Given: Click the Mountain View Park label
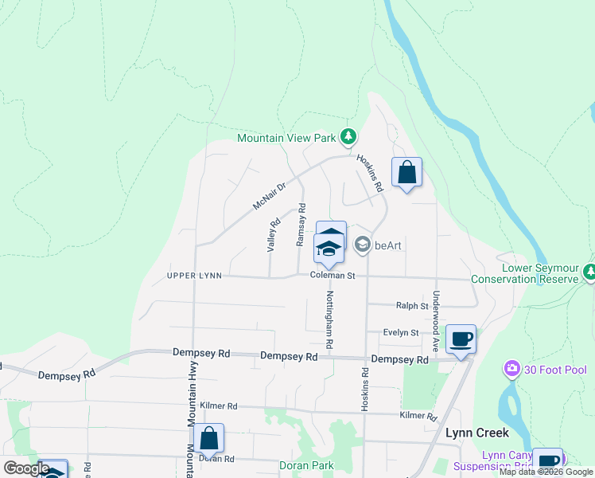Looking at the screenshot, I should tap(287, 138).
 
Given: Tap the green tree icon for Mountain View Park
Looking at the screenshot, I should tap(348, 137).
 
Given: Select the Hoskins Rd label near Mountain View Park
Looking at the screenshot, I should tap(371, 173).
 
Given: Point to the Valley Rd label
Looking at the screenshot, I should tap(274, 235).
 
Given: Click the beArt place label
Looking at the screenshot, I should tap(387, 245).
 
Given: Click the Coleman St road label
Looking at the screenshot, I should tap(332, 276).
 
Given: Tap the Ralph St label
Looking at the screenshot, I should tap(412, 305).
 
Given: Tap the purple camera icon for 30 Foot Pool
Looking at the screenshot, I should tap(511, 370).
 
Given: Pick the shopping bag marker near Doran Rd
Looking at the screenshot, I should tap(208, 439).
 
